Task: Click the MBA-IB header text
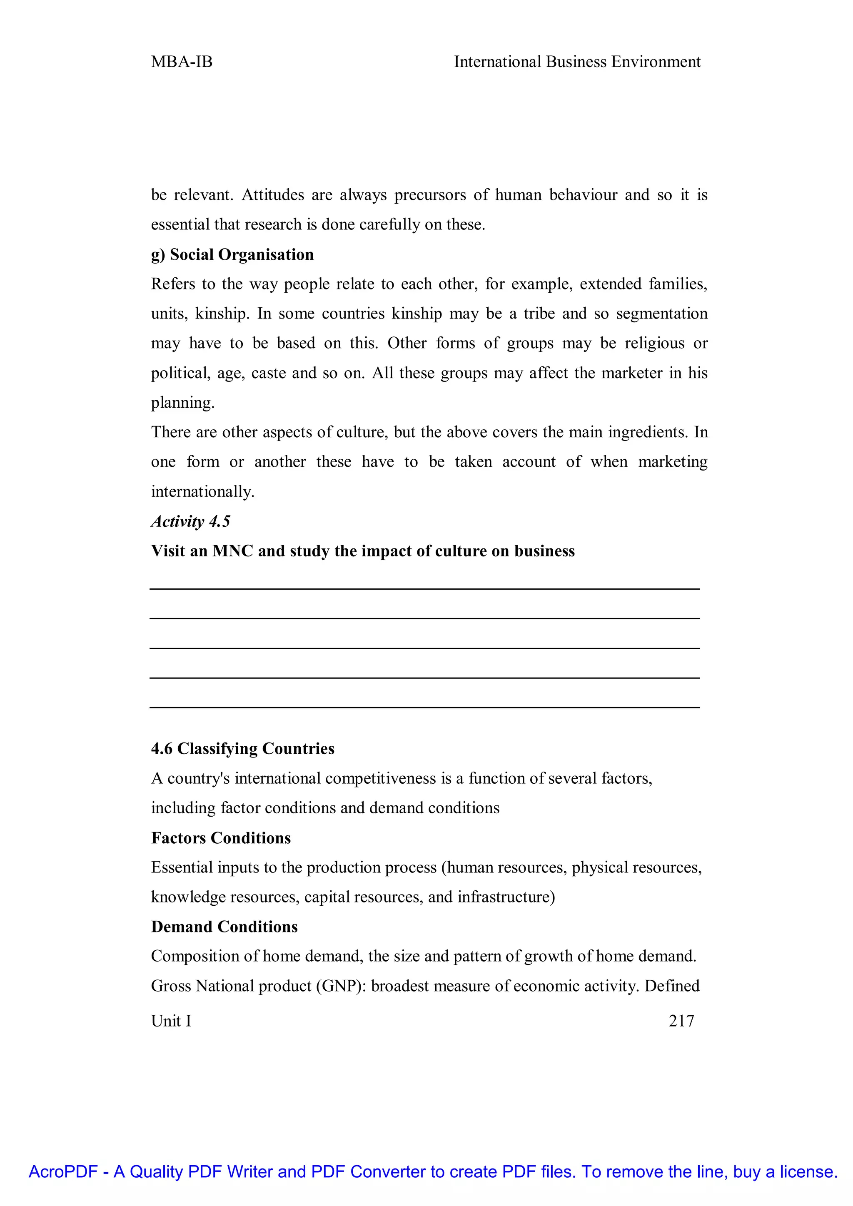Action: click(181, 62)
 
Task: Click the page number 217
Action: click(681, 1021)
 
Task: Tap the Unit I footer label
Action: click(171, 1021)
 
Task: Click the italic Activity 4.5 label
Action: click(191, 521)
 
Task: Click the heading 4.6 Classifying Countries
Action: click(243, 748)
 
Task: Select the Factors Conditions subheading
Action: click(221, 838)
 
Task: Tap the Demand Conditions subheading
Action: click(224, 927)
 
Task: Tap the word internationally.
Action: click(202, 492)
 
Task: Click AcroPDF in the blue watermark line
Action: click(63, 1172)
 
